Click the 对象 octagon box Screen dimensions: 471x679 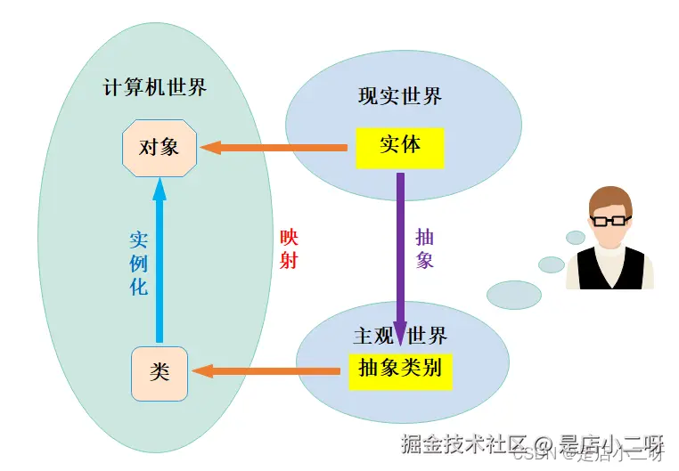tap(159, 147)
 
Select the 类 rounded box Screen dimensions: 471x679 tap(160, 373)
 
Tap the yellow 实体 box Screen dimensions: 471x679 tap(399, 147)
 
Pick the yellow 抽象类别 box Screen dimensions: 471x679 tap(400, 368)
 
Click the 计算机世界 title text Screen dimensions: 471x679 tap(155, 88)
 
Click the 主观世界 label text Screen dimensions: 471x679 tap(400, 336)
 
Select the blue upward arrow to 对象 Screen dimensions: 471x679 tap(160, 258)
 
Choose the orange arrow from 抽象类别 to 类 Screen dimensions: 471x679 tap(267, 368)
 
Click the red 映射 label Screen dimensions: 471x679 tap(289, 249)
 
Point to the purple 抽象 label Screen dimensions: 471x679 tap(425, 249)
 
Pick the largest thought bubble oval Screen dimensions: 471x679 tap(514, 294)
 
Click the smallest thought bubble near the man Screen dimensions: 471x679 tap(576, 238)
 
